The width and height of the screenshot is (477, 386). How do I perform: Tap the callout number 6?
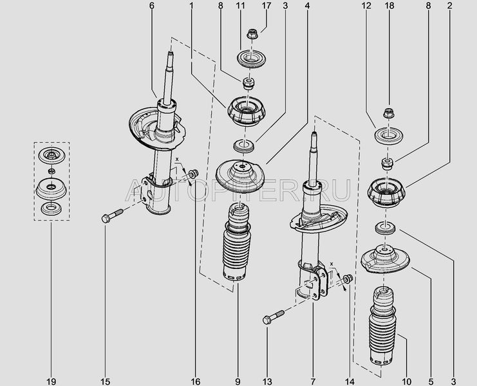[152, 6]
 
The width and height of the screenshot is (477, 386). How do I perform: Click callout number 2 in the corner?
[450, 6]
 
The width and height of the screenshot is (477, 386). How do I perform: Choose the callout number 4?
[307, 6]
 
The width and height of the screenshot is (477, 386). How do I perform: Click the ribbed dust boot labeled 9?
[235, 252]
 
